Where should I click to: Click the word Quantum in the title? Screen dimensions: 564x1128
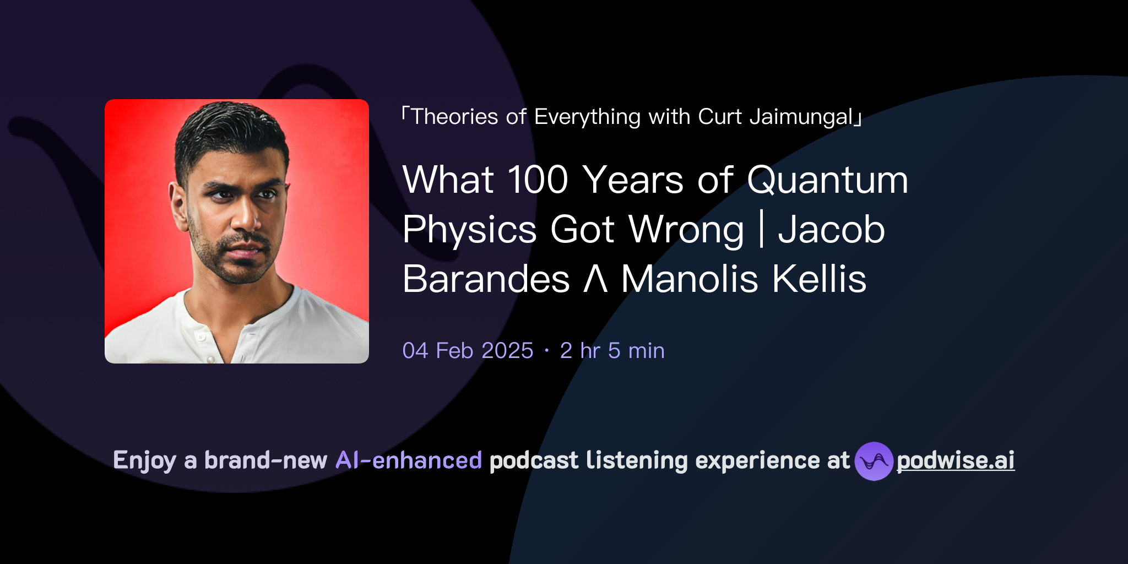827,181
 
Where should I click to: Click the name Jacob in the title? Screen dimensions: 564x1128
831,230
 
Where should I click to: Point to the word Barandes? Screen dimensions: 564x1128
486,279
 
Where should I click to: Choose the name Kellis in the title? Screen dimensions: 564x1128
819,279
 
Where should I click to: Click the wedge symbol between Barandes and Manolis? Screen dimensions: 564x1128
595,279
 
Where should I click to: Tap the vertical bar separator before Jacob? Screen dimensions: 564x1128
761,230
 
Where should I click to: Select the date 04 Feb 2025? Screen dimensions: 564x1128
468,351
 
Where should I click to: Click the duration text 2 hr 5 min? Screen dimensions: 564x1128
612,351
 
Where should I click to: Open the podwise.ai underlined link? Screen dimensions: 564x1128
956,460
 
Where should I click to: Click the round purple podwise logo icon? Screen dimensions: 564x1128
874,461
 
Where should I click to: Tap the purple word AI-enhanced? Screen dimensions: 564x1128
409,460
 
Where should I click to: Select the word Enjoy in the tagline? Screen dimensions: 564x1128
144,460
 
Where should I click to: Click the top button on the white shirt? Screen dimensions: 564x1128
202,336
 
